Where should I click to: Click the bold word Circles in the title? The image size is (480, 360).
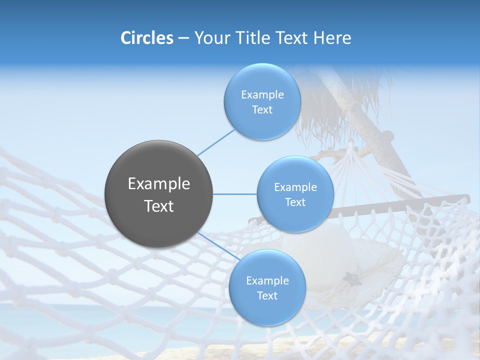(147, 37)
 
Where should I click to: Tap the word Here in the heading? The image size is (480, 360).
(332, 37)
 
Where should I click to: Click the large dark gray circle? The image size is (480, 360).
(159, 194)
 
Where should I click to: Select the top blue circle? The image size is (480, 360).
(262, 101)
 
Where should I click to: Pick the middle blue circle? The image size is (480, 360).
(295, 194)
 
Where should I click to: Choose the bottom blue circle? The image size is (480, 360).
(267, 287)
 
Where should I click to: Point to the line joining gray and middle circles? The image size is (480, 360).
(235, 194)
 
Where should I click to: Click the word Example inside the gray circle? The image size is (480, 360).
(159, 184)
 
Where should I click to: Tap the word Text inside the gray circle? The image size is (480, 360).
(159, 206)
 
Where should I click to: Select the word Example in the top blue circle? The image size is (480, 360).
(262, 94)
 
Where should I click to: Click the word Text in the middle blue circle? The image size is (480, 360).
(295, 202)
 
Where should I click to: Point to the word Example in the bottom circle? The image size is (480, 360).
(267, 280)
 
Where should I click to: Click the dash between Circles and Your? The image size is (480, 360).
(183, 38)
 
